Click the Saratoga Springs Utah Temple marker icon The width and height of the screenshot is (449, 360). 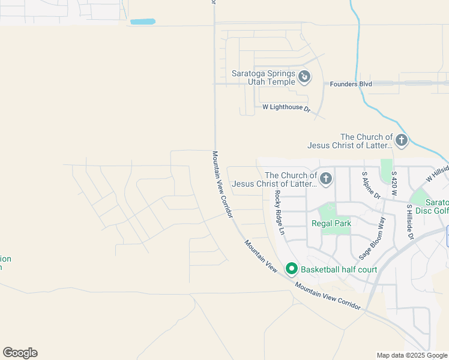point(304,77)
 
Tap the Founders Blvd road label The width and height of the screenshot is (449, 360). point(351,84)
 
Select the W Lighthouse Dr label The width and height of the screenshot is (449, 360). point(286,107)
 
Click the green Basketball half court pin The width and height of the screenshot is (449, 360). point(292,269)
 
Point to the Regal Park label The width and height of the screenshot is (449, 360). point(331,223)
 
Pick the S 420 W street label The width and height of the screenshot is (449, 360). point(394,183)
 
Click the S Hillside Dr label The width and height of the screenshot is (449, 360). point(411,222)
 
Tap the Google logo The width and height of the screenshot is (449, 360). point(20,353)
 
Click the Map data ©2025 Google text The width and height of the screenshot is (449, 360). point(411,355)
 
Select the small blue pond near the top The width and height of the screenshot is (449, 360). point(143,22)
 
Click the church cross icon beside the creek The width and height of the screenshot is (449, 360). point(401,141)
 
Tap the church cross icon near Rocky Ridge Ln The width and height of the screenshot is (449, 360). point(326,178)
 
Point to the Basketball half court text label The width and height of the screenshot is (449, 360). point(339,269)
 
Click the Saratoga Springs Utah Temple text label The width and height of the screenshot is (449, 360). point(264,77)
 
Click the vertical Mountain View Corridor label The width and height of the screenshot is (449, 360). point(221,184)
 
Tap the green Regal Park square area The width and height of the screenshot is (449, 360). point(328,211)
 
